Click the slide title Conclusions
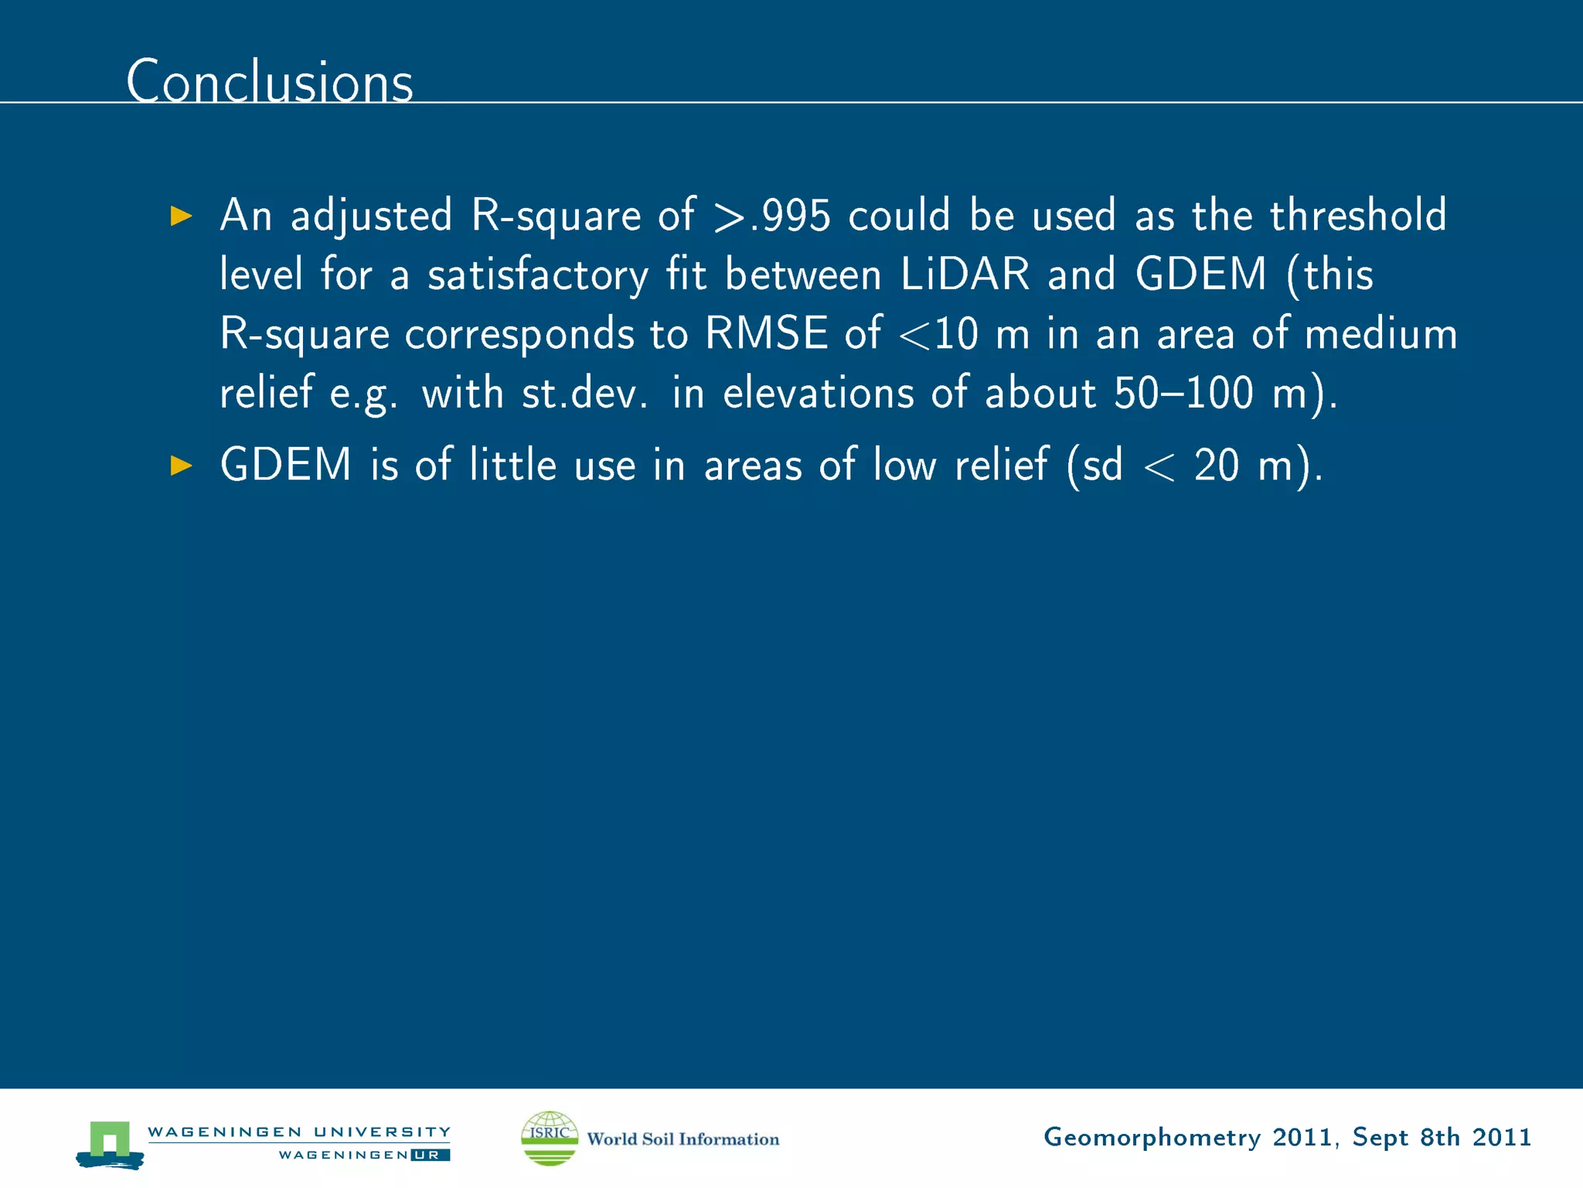pyautogui.click(x=270, y=81)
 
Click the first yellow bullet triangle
pyautogui.click(x=181, y=216)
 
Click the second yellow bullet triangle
pyautogui.click(x=181, y=466)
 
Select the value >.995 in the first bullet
pyautogui.click(x=772, y=216)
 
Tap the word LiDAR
pyautogui.click(x=965, y=275)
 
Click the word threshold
pyautogui.click(x=1358, y=216)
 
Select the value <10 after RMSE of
pyautogui.click(x=939, y=335)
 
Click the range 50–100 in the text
pyautogui.click(x=1183, y=393)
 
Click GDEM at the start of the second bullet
pyautogui.click(x=286, y=466)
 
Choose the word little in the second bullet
pyautogui.click(x=513, y=466)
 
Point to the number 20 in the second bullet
pyautogui.click(x=1217, y=466)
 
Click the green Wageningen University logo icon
pyautogui.click(x=110, y=1143)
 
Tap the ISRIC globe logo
pyautogui.click(x=550, y=1138)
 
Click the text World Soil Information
pyautogui.click(x=683, y=1139)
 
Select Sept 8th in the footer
pyautogui.click(x=1405, y=1137)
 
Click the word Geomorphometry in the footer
pyautogui.click(x=1152, y=1138)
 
